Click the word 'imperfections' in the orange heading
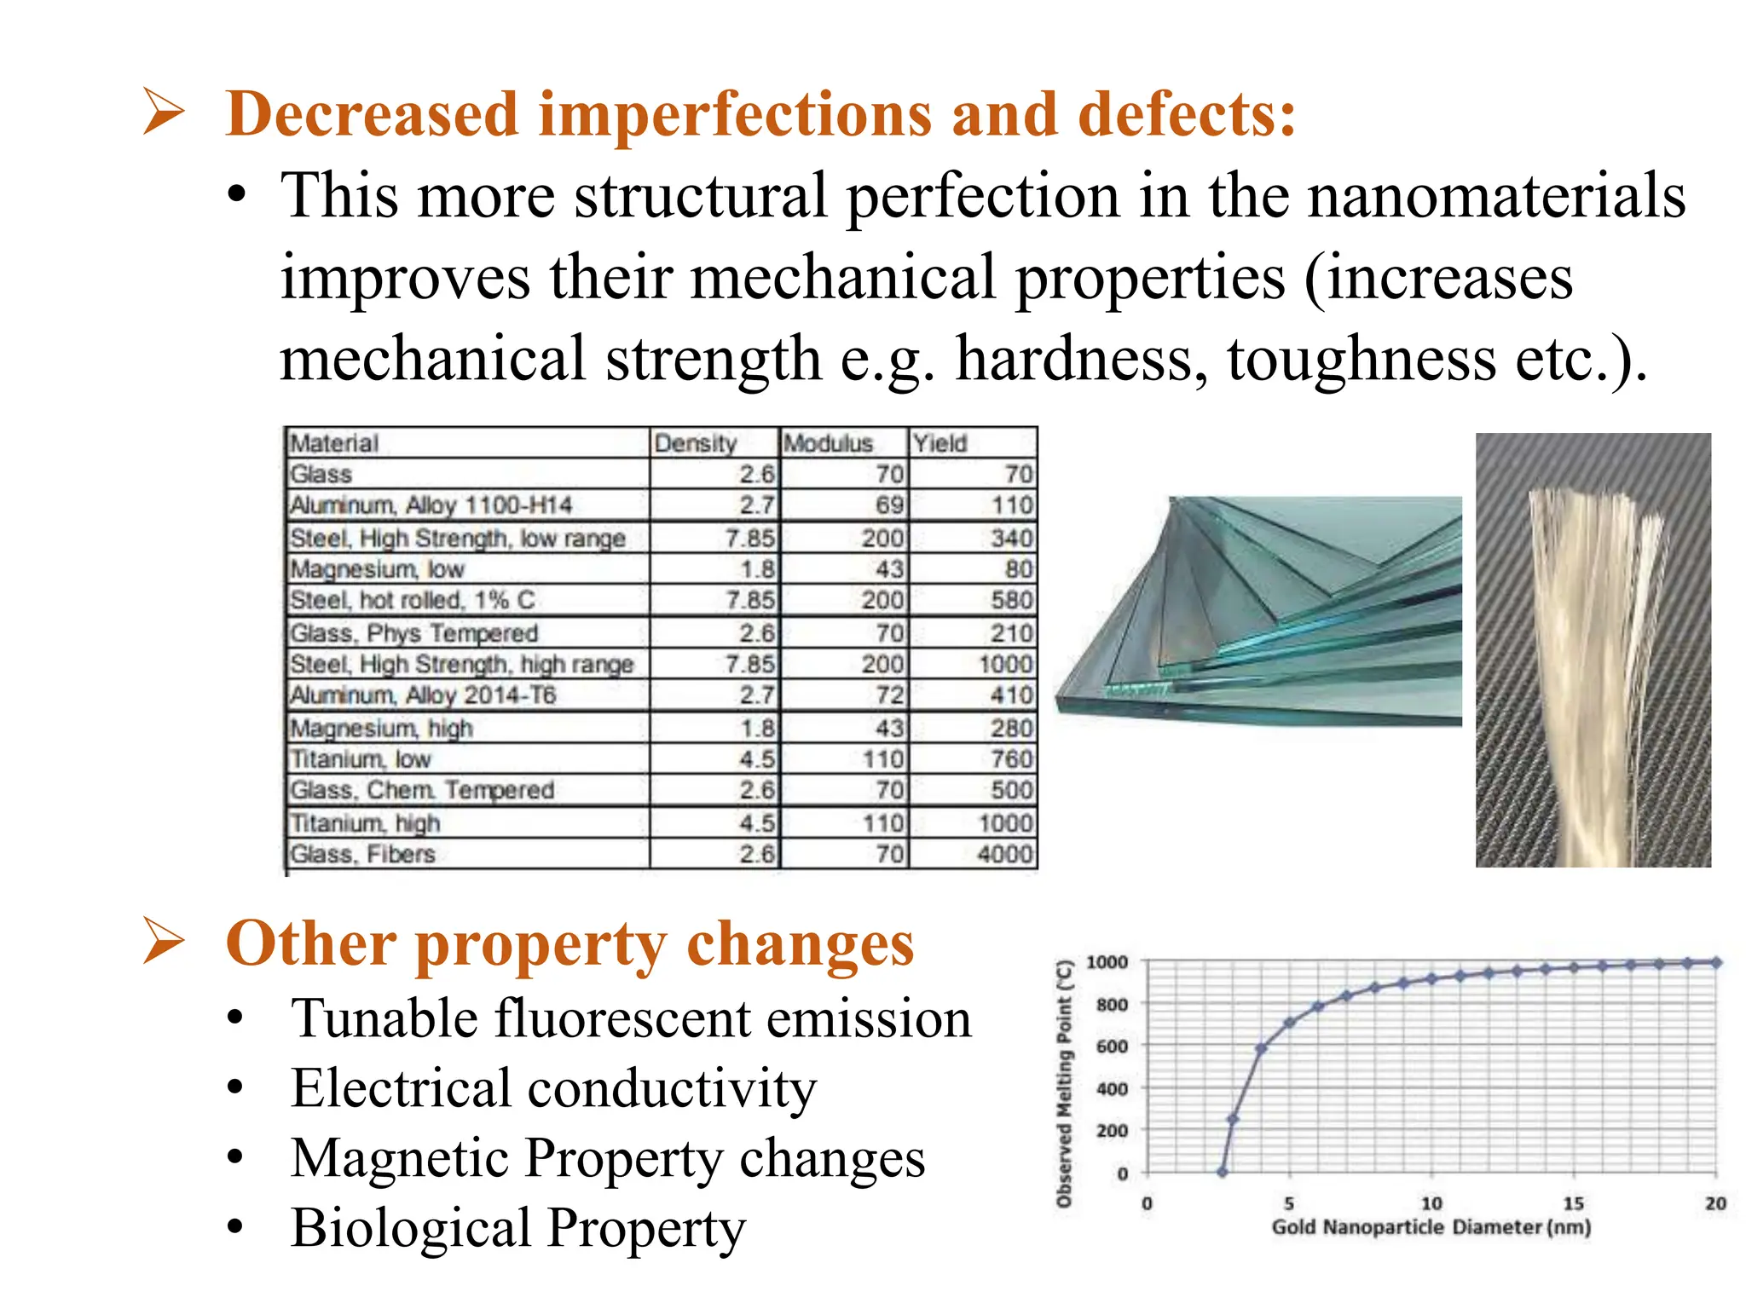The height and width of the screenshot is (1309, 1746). [x=734, y=114]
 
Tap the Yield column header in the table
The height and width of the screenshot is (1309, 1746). [x=939, y=443]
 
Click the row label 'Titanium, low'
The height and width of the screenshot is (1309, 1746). [x=361, y=758]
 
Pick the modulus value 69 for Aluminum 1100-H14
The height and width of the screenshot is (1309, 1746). [x=888, y=505]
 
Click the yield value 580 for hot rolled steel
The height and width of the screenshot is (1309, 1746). [x=1011, y=600]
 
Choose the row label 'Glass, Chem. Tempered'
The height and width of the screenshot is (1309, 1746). [x=422, y=790]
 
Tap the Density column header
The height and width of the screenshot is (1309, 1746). [x=695, y=443]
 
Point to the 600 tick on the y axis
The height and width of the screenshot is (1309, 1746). [x=1112, y=1047]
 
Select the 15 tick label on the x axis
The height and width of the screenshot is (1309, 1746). [x=1573, y=1203]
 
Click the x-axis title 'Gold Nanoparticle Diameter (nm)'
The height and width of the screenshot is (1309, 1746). [x=1431, y=1227]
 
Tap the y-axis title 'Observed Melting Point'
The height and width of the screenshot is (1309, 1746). [x=1064, y=1082]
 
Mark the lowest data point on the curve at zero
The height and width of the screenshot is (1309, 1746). [x=1223, y=1172]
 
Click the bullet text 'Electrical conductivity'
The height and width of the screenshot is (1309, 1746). [x=553, y=1088]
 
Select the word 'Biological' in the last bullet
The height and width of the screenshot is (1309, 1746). [x=409, y=1228]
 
